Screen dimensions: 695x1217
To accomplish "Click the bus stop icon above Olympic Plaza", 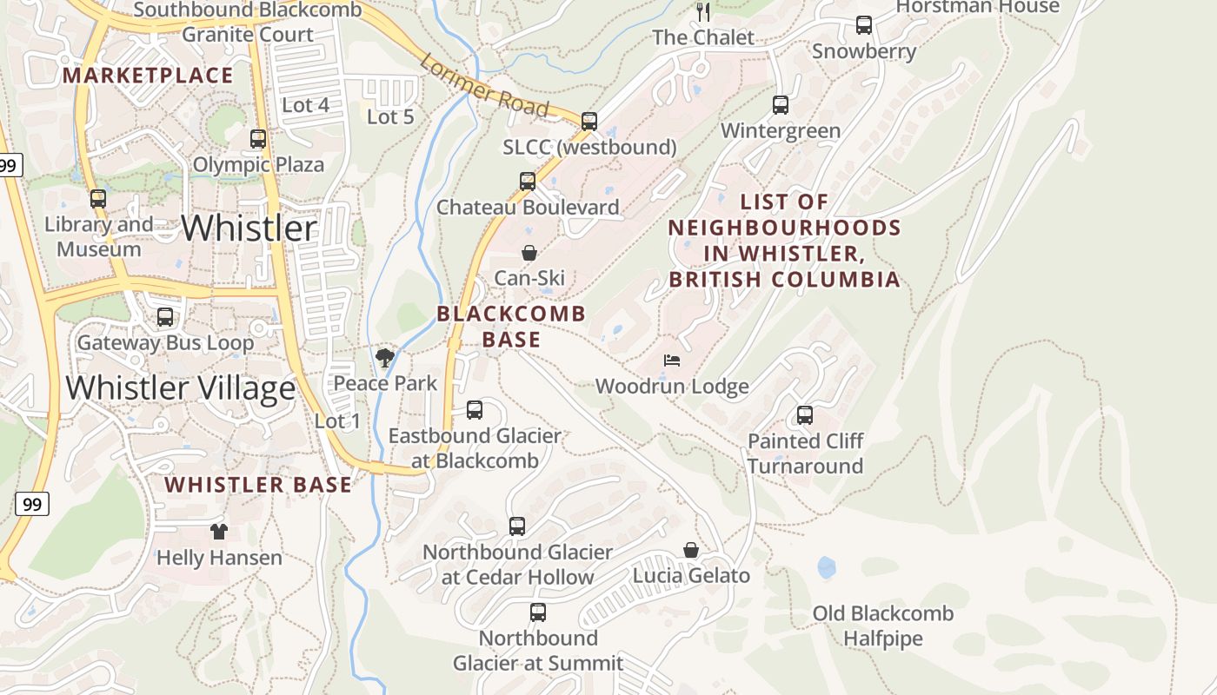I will coord(258,139).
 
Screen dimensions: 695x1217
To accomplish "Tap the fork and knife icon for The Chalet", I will coord(704,12).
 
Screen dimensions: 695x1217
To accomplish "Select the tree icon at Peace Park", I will coord(385,357).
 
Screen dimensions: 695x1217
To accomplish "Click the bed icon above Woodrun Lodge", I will coord(672,361).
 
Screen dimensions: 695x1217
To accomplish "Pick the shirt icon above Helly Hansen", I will coord(218,532).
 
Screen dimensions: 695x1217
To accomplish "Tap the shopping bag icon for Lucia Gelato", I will coord(691,550).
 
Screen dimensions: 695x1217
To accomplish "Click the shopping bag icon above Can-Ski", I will coord(529,253).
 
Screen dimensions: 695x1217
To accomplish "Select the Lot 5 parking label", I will coord(390,116).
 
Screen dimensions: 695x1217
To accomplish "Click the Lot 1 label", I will coord(337,421).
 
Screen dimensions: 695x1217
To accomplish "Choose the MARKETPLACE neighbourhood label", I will coord(148,76).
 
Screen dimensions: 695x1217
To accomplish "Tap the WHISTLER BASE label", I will coord(259,485).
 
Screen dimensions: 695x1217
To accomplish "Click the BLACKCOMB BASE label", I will coord(511,327).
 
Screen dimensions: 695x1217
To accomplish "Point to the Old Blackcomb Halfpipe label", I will coord(882,626).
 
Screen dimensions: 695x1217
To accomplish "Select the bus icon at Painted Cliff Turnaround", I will coord(805,415).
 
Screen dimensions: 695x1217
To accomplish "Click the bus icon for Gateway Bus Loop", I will coord(165,317).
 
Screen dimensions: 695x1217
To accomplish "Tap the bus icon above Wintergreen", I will coord(781,105).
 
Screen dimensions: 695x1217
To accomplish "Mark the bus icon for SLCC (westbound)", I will coord(589,122).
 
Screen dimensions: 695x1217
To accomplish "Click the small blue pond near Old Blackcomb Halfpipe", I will coord(826,568).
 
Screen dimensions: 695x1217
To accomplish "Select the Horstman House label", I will coord(977,7).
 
